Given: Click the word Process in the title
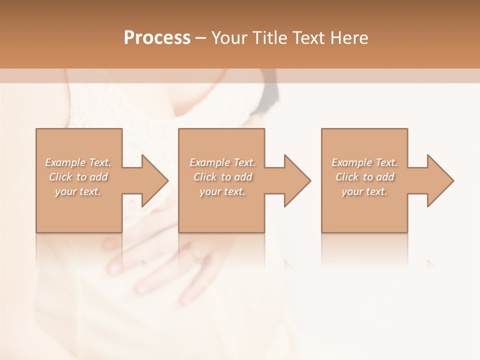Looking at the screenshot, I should (157, 38).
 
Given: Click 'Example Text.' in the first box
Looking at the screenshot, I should (78, 162).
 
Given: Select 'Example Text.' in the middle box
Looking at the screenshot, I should (222, 162).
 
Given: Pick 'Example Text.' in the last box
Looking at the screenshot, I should (364, 162).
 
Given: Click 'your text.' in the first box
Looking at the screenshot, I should (78, 191).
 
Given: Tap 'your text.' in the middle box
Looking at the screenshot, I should (222, 191).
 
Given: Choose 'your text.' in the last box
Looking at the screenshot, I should (364, 191).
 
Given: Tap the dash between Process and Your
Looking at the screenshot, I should (201, 38).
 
